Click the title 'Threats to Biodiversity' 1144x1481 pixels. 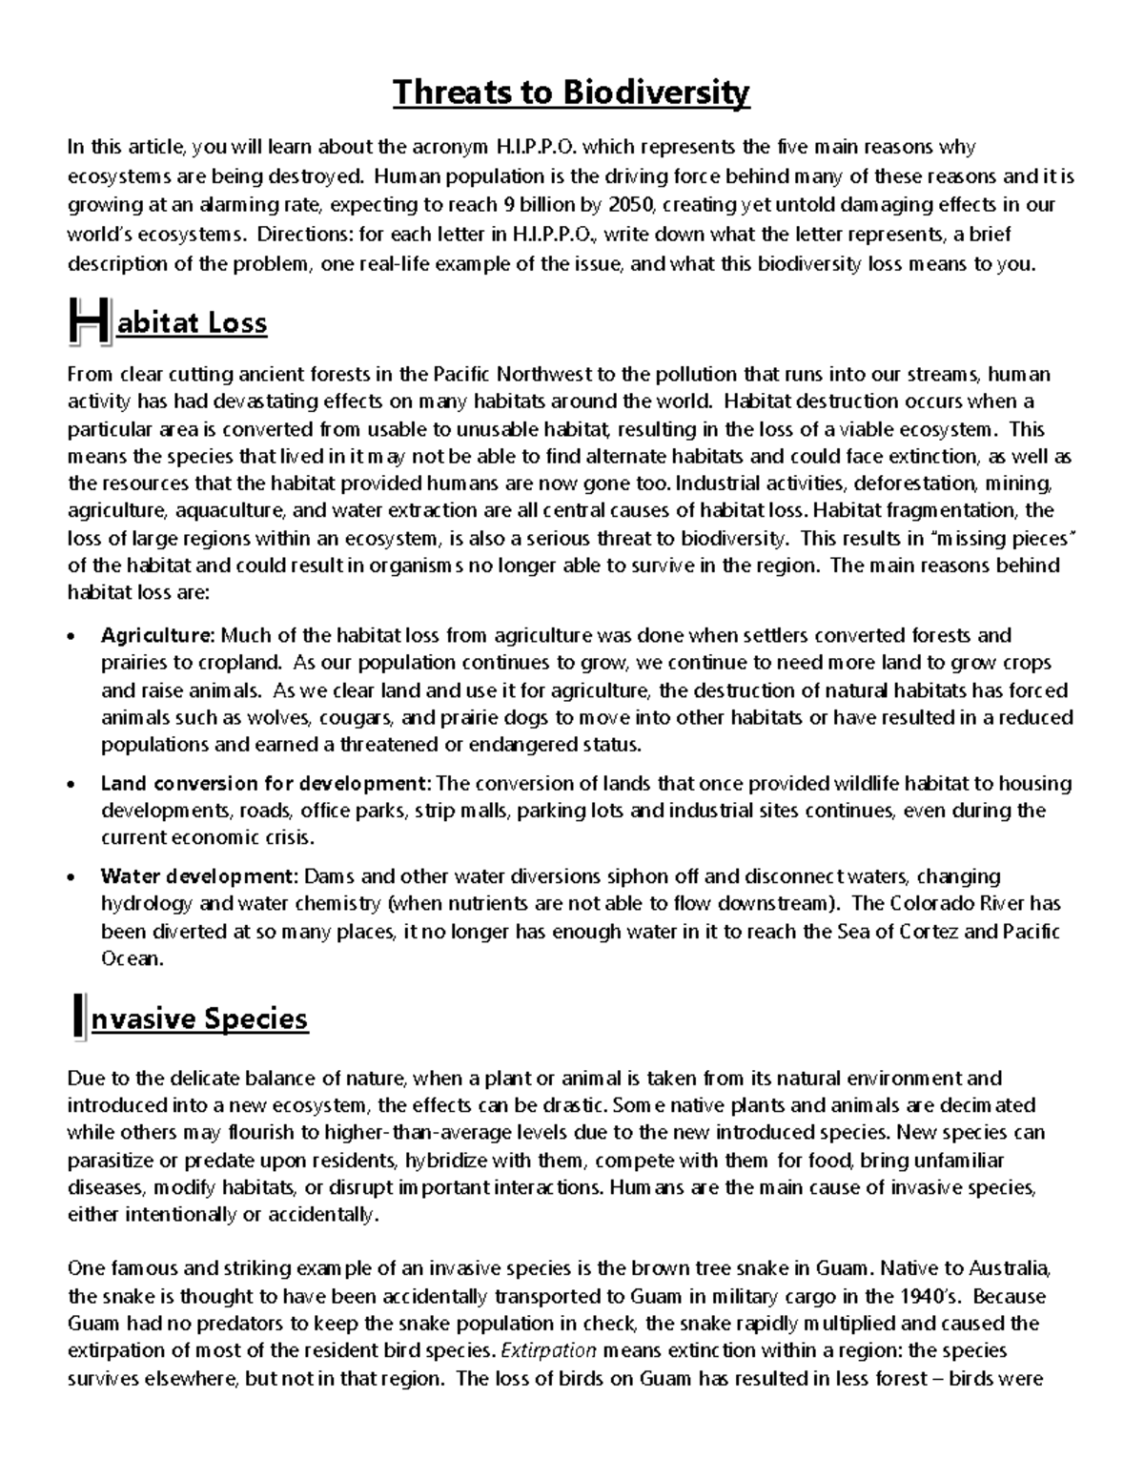pos(571,93)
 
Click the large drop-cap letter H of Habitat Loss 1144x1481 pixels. pos(89,320)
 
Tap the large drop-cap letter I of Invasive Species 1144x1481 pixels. pos(78,1017)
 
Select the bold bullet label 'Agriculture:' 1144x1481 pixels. pos(159,635)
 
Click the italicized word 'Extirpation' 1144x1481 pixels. pos(548,1350)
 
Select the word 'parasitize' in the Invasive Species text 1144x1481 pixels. pos(111,1161)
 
